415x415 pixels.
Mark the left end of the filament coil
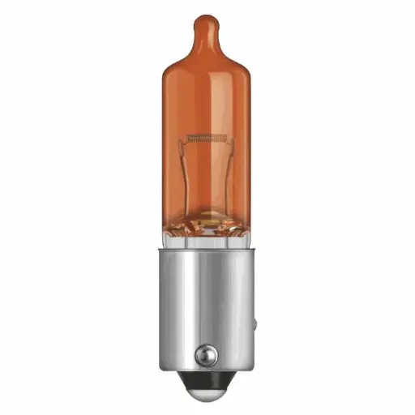[189, 138]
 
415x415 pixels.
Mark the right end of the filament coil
[229, 138]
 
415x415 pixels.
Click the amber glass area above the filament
[208, 97]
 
